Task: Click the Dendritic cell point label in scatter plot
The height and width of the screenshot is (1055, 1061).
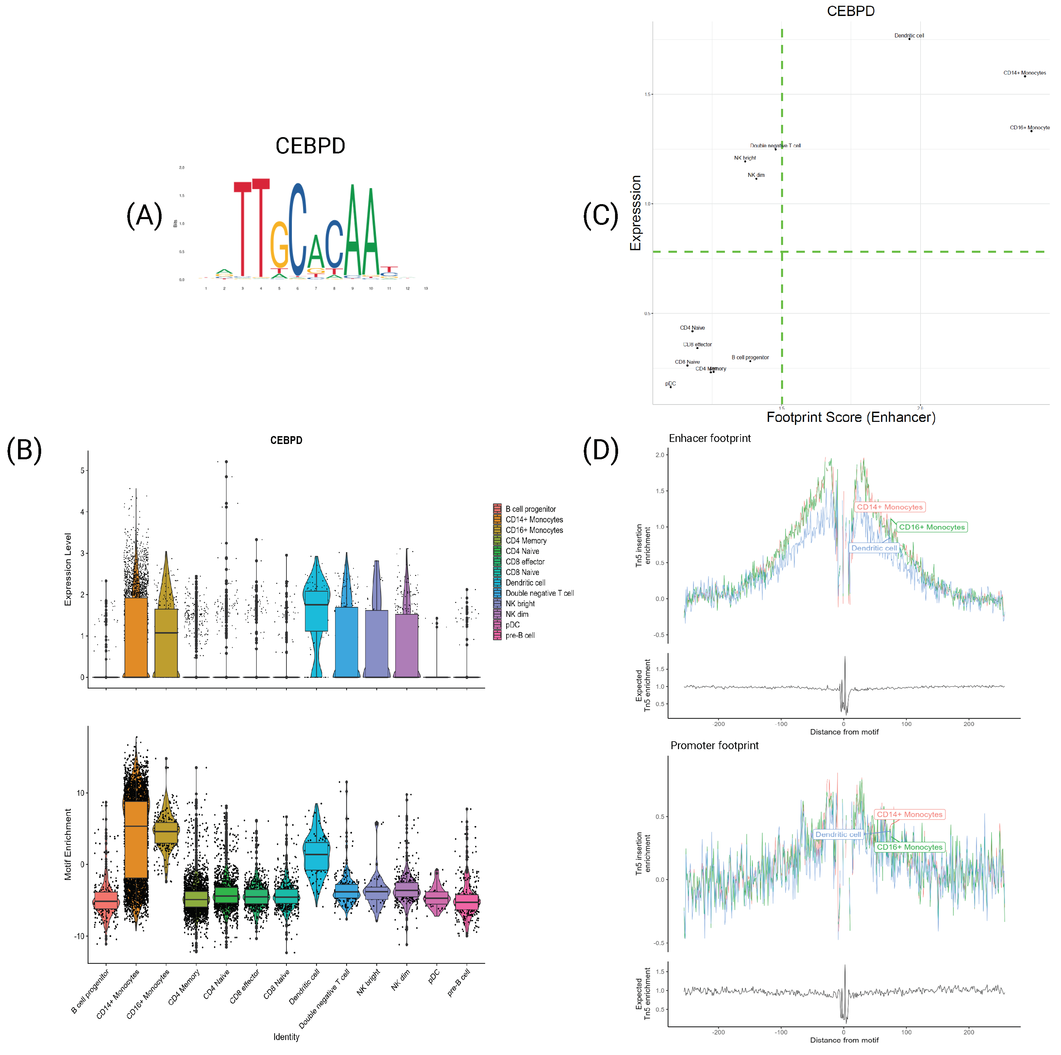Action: [909, 36]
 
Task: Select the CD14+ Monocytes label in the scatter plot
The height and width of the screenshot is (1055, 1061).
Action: [1024, 72]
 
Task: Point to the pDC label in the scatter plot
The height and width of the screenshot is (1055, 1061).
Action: [670, 383]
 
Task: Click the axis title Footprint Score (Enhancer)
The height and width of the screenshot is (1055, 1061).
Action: [851, 417]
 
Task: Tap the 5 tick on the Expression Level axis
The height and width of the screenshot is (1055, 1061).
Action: [82, 471]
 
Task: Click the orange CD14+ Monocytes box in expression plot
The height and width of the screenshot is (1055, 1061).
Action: [136, 637]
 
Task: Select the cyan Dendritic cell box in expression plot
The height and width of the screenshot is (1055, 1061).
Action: [316, 611]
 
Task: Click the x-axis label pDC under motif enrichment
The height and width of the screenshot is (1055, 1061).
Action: [433, 976]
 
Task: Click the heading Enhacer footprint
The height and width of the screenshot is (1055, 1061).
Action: [710, 438]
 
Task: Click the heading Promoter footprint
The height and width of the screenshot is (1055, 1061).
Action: [714, 745]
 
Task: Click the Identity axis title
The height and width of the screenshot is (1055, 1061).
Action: [286, 1037]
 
